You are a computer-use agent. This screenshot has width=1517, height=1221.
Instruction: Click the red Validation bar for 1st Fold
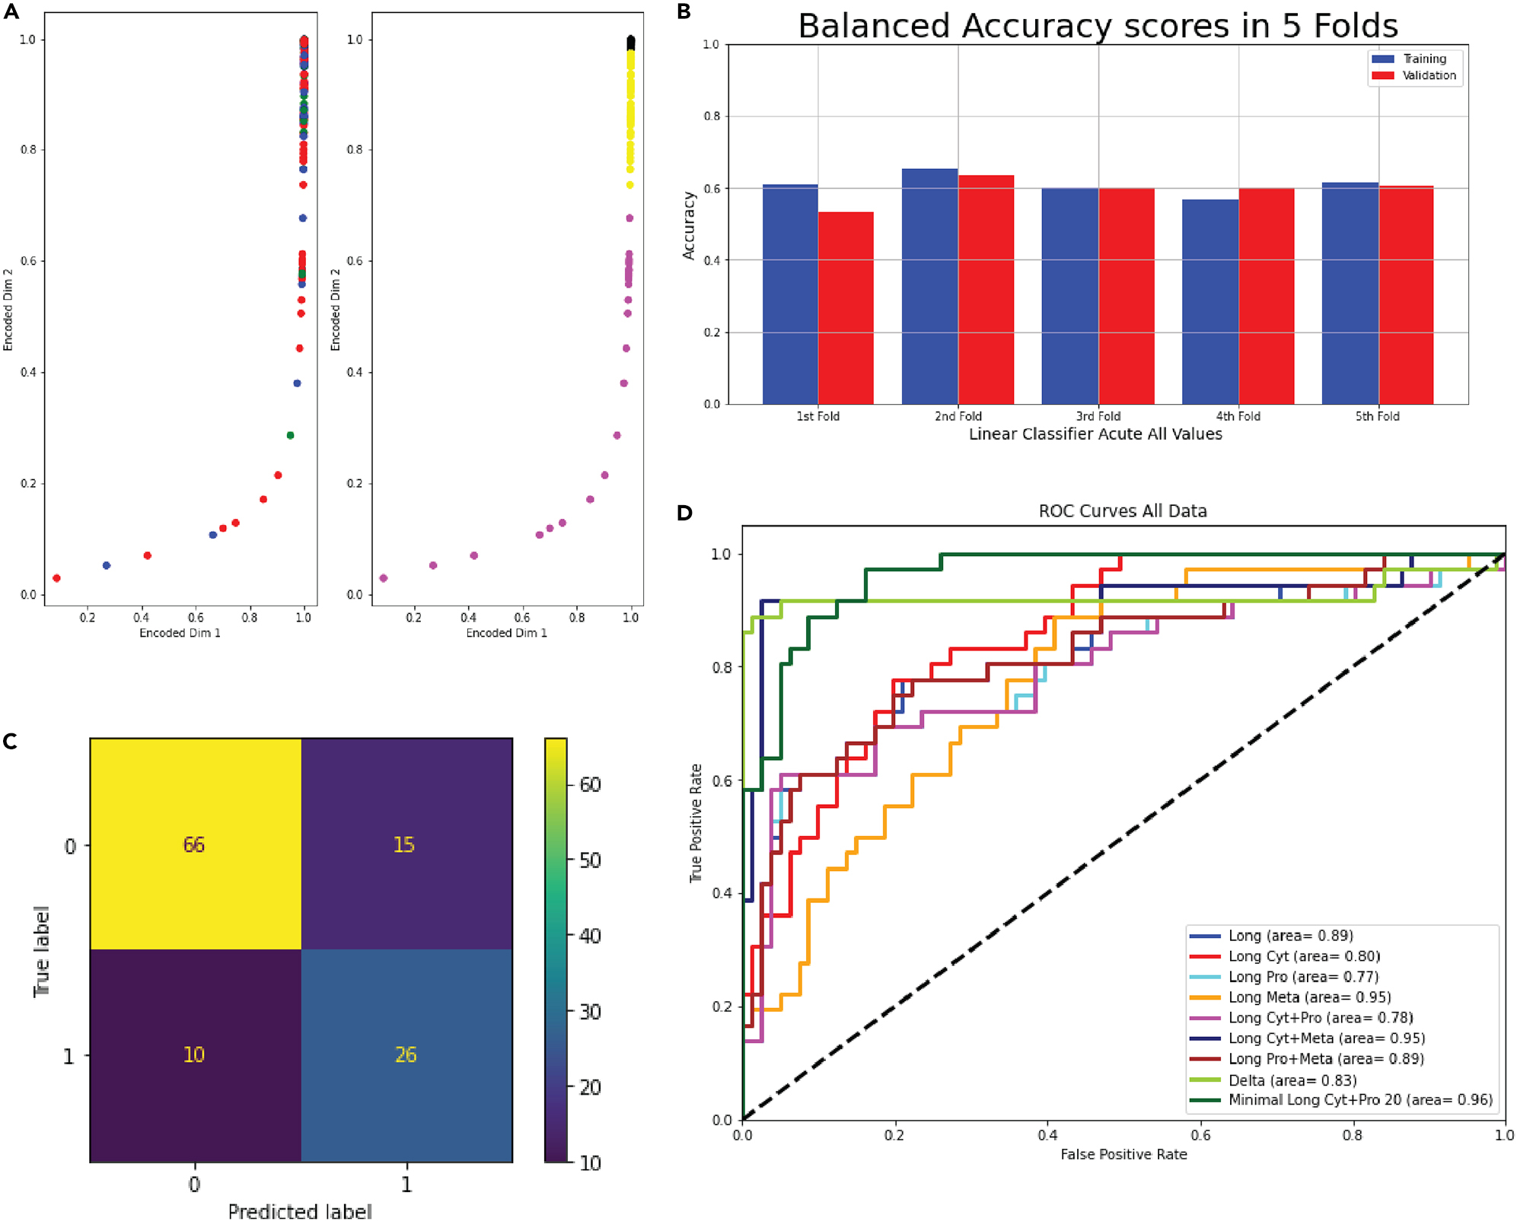pyautogui.click(x=846, y=308)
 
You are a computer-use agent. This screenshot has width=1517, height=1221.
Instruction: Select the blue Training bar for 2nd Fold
pyautogui.click(x=929, y=286)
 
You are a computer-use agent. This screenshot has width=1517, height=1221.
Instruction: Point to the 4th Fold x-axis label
pyautogui.click(x=1238, y=416)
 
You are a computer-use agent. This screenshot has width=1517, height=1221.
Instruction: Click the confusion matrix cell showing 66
pyautogui.click(x=195, y=844)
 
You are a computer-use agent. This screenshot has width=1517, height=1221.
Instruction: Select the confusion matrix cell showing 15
pyautogui.click(x=404, y=844)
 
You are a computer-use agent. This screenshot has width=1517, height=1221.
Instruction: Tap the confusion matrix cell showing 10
pyautogui.click(x=195, y=1054)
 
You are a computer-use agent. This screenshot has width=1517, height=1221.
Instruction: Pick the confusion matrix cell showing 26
pyautogui.click(x=406, y=1054)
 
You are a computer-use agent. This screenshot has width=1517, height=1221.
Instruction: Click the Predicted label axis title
pyautogui.click(x=300, y=1210)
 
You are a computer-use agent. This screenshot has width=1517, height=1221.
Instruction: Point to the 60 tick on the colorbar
pyautogui.click(x=590, y=784)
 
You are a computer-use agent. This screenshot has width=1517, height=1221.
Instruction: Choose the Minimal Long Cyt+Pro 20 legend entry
pyautogui.click(x=1360, y=1100)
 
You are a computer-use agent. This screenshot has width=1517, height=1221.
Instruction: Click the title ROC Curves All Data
pyautogui.click(x=1123, y=511)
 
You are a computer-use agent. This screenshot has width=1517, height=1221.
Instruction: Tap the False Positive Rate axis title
pyautogui.click(x=1123, y=1154)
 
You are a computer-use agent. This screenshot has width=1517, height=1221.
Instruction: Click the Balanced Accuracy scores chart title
pyautogui.click(x=1098, y=26)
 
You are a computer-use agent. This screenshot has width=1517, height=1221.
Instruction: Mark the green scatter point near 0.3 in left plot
pyautogui.click(x=290, y=435)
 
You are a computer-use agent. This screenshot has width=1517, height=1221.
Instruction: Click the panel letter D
pyautogui.click(x=684, y=513)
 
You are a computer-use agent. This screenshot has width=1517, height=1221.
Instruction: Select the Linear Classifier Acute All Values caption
pyautogui.click(x=1095, y=434)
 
